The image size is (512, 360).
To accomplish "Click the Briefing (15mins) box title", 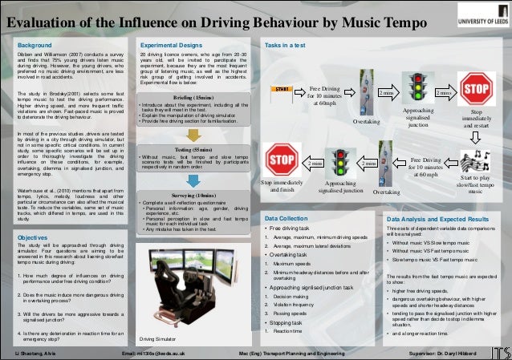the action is (193, 97).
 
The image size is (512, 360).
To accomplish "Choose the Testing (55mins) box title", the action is (193, 149).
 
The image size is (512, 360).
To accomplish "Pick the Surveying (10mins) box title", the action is (193, 195).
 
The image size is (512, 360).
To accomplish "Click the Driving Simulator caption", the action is (158, 339).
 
